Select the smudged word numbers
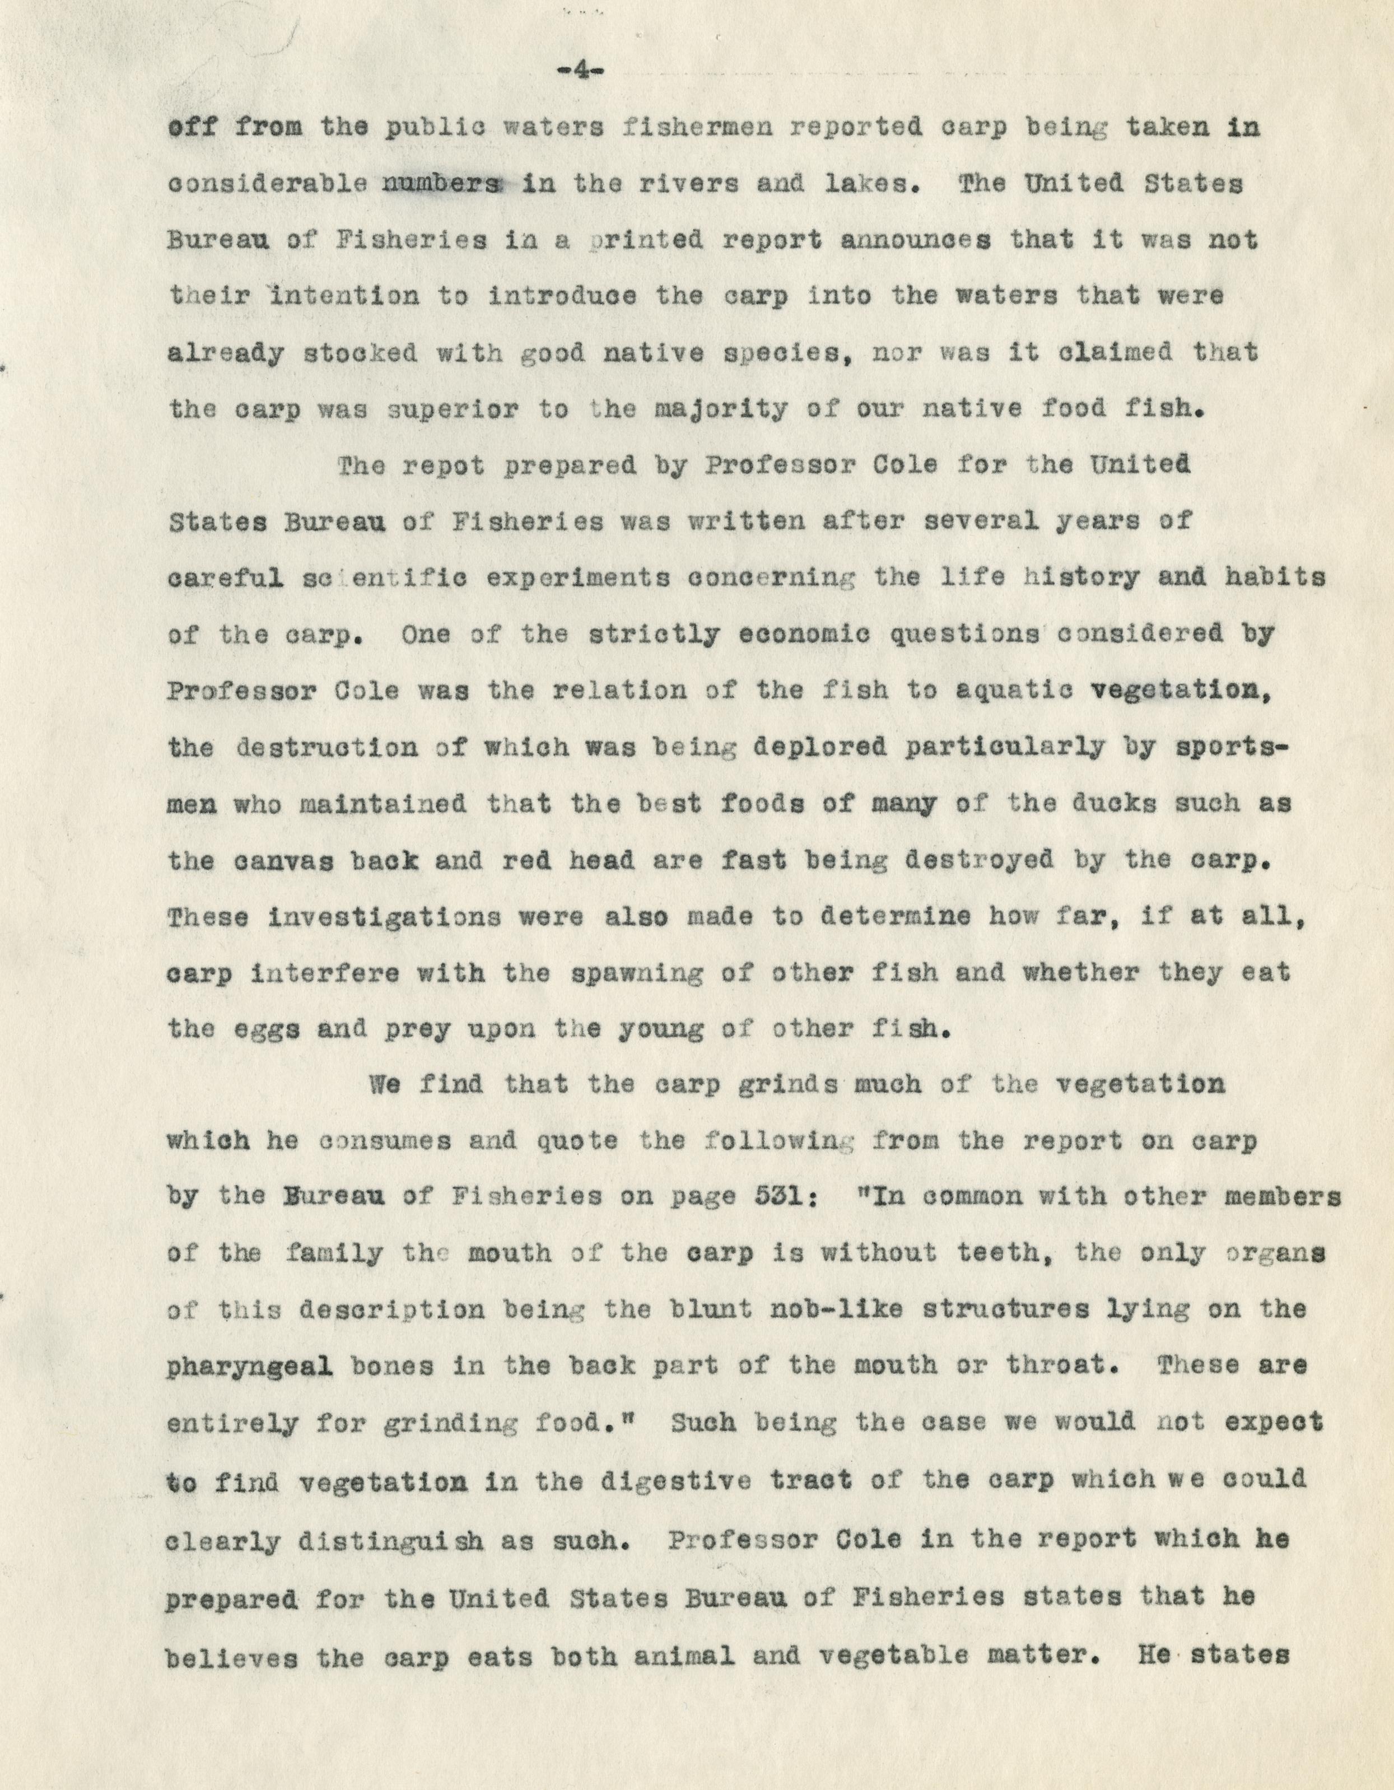[440, 184]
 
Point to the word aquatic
[1013, 690]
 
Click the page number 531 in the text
[781, 1198]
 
